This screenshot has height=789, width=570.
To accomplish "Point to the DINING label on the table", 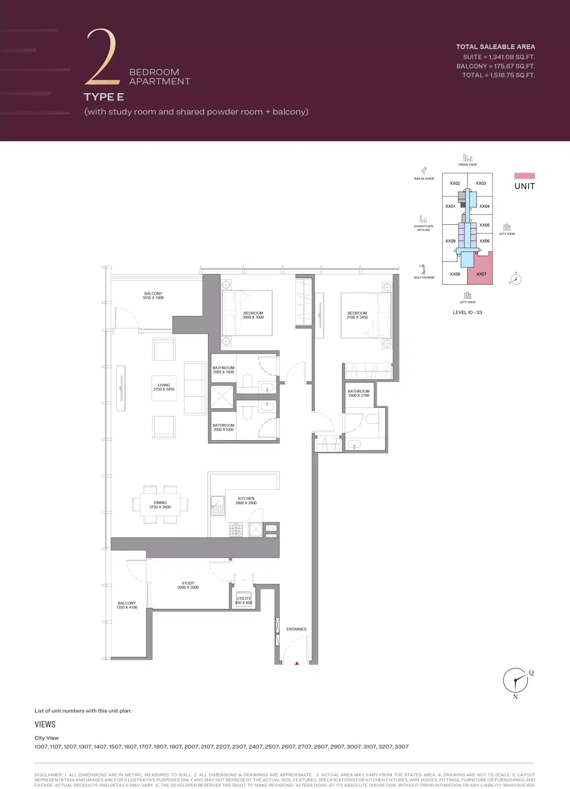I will (x=160, y=505).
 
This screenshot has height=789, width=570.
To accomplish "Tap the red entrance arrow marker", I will (x=297, y=663).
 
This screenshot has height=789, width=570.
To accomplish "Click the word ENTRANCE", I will (x=296, y=629).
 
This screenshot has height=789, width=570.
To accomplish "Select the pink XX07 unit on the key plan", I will (x=481, y=274).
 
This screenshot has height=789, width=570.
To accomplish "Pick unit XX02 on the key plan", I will (x=455, y=183).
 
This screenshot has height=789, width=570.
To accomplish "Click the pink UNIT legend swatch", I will (x=524, y=176).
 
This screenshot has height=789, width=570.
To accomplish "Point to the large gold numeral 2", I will (x=101, y=57).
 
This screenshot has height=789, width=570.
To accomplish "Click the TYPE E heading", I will (x=104, y=97).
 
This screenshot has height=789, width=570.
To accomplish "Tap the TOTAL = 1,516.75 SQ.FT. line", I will (x=498, y=75).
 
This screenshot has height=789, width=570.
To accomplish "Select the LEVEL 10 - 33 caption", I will (x=467, y=312).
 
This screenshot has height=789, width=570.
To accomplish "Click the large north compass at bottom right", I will (x=515, y=680).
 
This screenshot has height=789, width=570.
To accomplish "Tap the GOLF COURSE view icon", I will (x=423, y=269).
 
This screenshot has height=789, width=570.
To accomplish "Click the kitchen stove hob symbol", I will (x=236, y=529).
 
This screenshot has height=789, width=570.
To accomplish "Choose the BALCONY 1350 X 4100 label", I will (x=127, y=605).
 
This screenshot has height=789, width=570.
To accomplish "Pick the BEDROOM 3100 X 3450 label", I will (x=357, y=315).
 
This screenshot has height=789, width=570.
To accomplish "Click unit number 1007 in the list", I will (x=41, y=747).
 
